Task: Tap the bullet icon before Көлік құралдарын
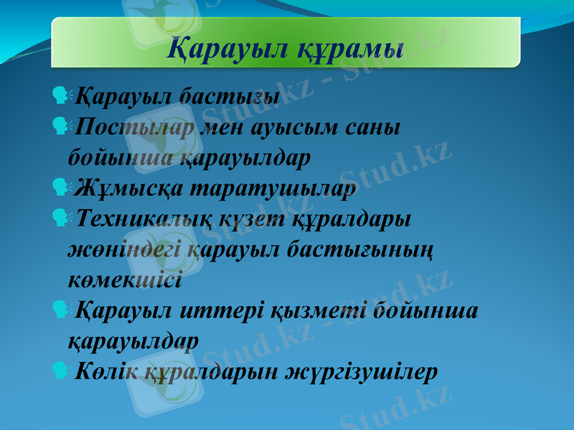click(60, 371)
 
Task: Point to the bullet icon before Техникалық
click(60, 216)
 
